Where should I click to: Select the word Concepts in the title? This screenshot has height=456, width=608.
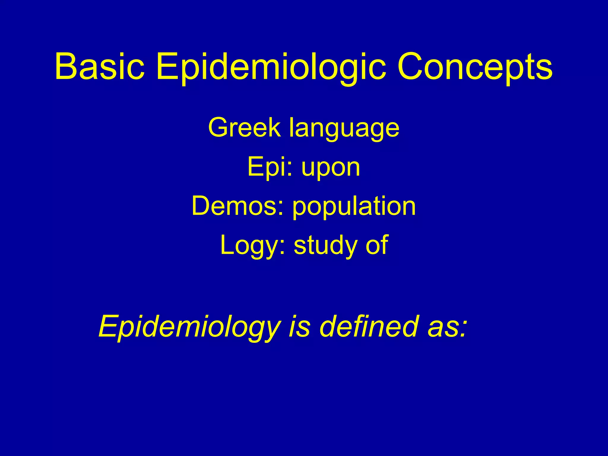[x=475, y=67]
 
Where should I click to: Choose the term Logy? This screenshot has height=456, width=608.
[x=249, y=246]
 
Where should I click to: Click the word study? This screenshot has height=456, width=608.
[x=325, y=245]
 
